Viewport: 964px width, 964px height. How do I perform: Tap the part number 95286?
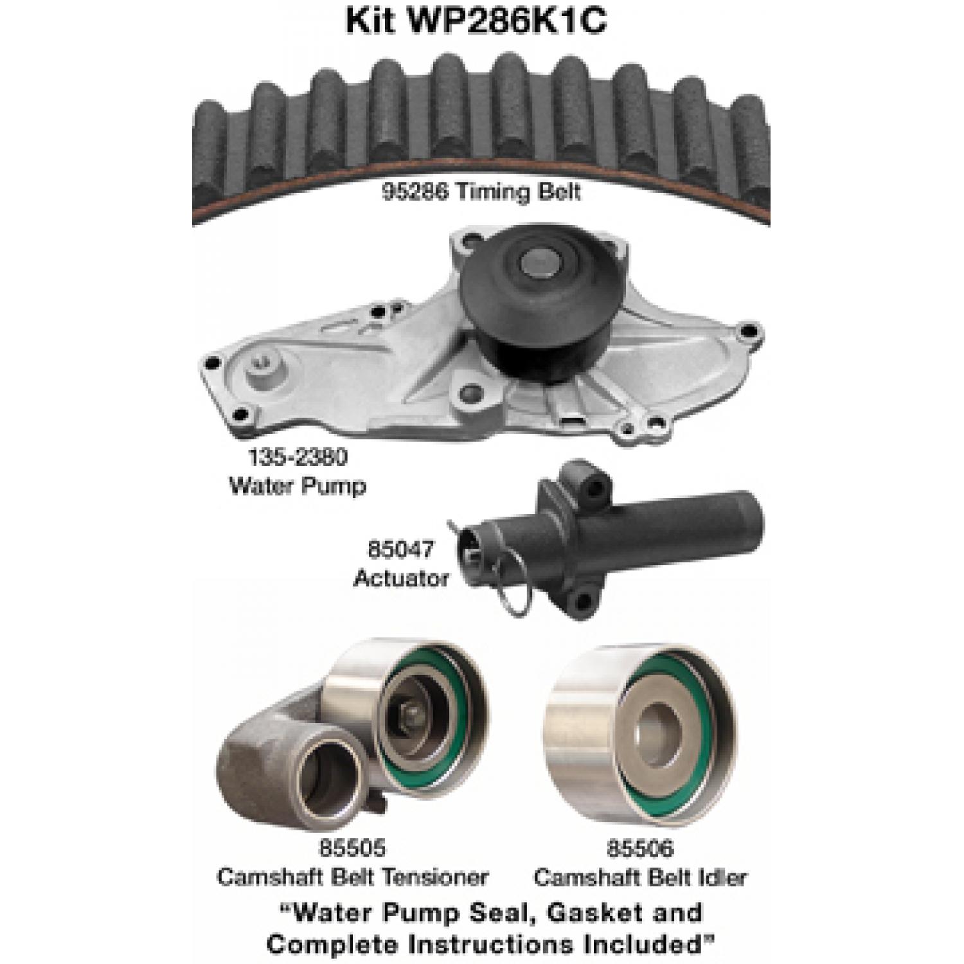[x=415, y=192]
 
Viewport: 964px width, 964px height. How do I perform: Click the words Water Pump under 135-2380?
[x=298, y=485]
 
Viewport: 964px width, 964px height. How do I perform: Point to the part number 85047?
[x=401, y=549]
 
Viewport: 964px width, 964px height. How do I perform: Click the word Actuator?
[x=401, y=578]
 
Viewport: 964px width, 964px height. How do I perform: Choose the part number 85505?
[x=352, y=848]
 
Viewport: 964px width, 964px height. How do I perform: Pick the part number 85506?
[x=640, y=848]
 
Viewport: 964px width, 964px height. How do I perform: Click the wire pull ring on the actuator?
[x=522, y=591]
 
